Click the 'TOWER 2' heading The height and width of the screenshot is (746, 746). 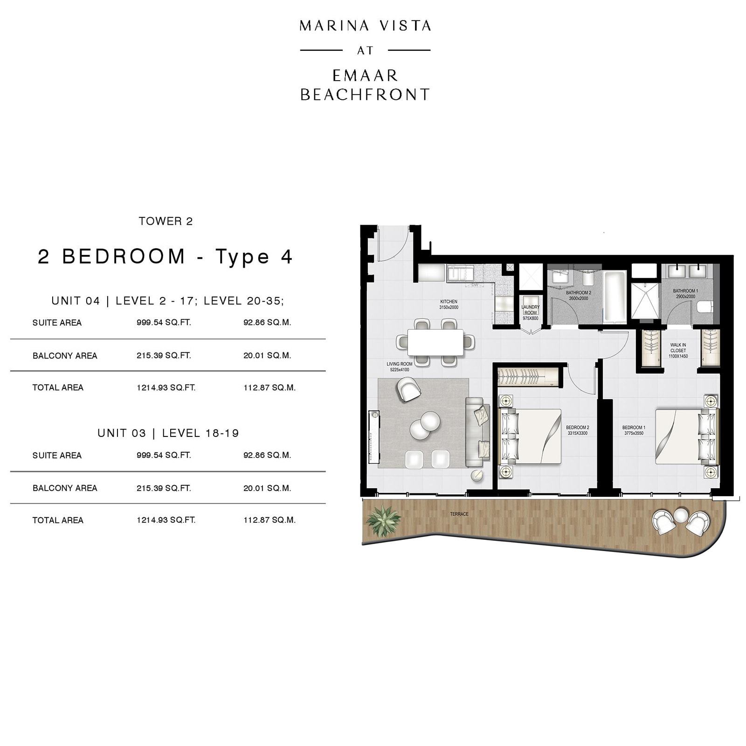point(166,221)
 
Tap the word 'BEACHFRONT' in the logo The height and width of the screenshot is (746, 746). point(365,95)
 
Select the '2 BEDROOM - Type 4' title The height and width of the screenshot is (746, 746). point(165,257)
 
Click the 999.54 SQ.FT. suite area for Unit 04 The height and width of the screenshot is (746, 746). point(164,323)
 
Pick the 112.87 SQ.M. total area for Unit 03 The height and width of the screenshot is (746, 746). point(269,520)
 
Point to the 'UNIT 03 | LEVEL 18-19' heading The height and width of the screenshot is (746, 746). point(168,433)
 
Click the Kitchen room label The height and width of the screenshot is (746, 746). point(449,304)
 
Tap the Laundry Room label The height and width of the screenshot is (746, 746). point(531,312)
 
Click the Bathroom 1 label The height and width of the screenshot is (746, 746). point(685,294)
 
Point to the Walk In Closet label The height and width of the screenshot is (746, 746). point(678,351)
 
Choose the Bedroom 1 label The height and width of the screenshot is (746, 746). point(634,430)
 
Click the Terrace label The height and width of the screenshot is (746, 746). point(459,514)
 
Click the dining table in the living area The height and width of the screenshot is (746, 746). point(435,342)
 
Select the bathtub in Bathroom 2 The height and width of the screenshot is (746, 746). point(615,297)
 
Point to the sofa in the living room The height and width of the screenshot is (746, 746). point(478,431)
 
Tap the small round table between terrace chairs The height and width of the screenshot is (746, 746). point(680,515)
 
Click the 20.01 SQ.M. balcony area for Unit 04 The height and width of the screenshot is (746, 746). point(267,355)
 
